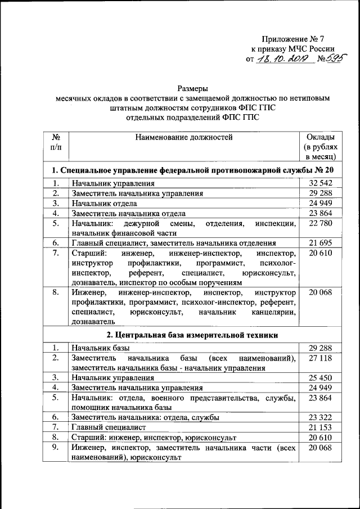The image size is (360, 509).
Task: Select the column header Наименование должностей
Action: tap(183, 137)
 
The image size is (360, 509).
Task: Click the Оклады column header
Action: tap(321, 147)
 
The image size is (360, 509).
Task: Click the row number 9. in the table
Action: tap(56, 447)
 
